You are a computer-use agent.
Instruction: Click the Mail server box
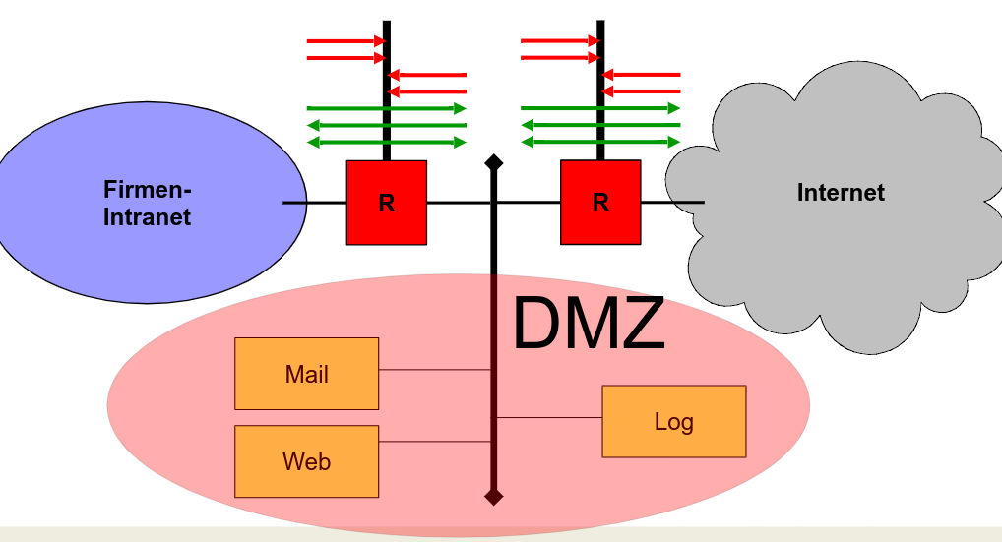[x=306, y=374]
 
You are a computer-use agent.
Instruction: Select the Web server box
[x=306, y=460]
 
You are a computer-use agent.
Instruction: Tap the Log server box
[x=673, y=421]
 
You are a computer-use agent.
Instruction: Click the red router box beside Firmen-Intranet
[x=386, y=203]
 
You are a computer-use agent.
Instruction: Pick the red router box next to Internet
[x=600, y=203]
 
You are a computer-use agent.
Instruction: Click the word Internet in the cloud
[x=841, y=193]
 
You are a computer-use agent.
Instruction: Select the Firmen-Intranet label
[x=148, y=203]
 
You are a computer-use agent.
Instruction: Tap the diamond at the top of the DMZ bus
[x=494, y=161]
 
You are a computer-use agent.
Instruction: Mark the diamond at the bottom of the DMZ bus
[x=494, y=497]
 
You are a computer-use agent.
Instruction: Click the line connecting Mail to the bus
[x=434, y=370]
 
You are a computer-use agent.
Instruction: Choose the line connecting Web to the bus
[x=434, y=442]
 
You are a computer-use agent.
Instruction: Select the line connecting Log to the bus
[x=547, y=418]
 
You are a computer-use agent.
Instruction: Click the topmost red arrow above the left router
[x=345, y=41]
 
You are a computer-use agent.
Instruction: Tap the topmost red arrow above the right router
[x=559, y=41]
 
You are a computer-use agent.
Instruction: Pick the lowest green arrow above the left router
[x=386, y=143]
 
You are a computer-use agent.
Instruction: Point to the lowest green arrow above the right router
[x=600, y=143]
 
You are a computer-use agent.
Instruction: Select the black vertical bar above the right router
[x=600, y=89]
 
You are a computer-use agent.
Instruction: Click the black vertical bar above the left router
[x=386, y=89]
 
